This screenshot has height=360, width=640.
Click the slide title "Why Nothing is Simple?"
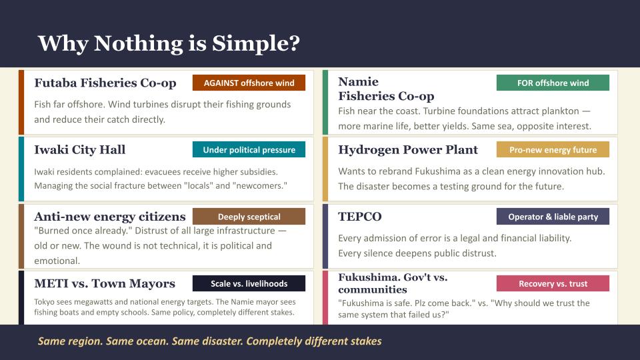[169, 43]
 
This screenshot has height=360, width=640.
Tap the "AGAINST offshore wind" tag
[249, 83]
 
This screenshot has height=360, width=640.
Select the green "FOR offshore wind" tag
[553, 83]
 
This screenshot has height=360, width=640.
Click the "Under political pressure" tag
[249, 150]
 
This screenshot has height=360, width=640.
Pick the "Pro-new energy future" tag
[553, 150]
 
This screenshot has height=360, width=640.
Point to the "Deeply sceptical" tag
[249, 217]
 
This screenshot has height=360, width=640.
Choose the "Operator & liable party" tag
[553, 217]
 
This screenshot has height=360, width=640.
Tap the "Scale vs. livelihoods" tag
[249, 283]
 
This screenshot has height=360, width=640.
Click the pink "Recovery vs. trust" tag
[553, 283]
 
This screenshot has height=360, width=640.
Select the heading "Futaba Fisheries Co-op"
[105, 83]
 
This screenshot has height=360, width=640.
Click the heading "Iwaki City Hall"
[80, 150]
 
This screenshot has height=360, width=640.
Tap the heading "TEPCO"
[360, 217]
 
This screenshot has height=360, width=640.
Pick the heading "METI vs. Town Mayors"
[105, 284]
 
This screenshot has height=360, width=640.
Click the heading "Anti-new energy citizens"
[110, 217]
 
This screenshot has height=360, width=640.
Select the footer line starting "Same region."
[209, 341]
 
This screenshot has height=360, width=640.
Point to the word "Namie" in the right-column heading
[358, 82]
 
